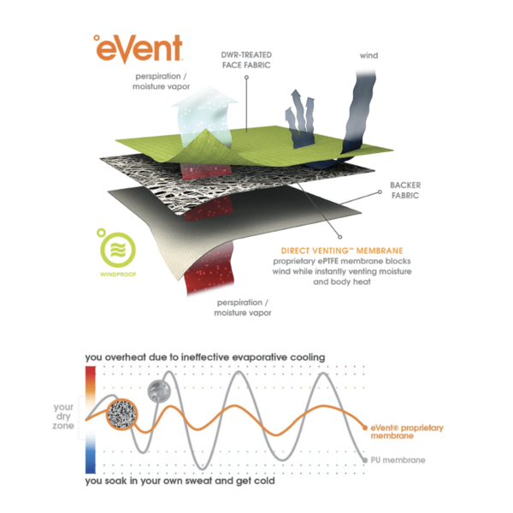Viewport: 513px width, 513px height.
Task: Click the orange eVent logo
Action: [x=138, y=49]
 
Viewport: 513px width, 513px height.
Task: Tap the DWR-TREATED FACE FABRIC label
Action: [x=246, y=60]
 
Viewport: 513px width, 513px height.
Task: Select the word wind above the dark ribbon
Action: [x=369, y=56]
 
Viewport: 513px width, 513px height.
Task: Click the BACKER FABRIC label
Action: [x=405, y=190]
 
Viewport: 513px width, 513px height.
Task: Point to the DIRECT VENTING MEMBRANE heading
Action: [x=342, y=251]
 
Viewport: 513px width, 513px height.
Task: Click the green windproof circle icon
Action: [x=116, y=249]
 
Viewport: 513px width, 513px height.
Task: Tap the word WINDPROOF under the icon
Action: [x=118, y=274]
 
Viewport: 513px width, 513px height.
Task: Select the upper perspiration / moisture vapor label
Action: [x=161, y=81]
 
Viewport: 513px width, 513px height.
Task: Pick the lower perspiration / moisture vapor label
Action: [x=243, y=308]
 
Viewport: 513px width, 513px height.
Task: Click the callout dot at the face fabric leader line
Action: [x=247, y=77]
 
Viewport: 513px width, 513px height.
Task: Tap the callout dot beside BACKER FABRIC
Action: [x=380, y=192]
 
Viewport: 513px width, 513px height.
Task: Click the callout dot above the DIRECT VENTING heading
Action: [x=340, y=237]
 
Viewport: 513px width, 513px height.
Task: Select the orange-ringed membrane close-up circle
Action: [x=122, y=414]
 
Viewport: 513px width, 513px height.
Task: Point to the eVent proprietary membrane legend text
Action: [x=407, y=432]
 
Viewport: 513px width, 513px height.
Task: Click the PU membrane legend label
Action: [x=398, y=460]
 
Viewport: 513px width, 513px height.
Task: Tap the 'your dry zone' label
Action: [x=63, y=416]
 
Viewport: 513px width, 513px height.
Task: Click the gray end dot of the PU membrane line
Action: [x=365, y=460]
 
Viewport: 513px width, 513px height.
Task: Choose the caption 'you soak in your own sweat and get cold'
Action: [x=180, y=481]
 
